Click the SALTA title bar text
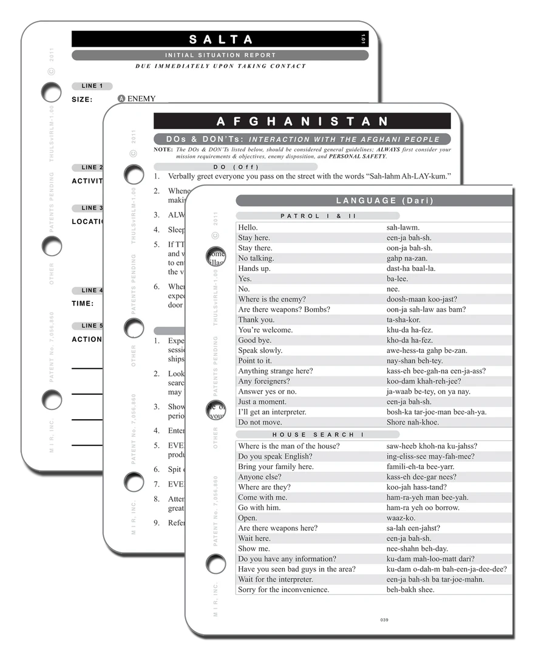[220, 39]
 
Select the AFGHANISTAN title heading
[302, 121]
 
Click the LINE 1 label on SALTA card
[92, 86]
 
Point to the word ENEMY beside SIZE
[141, 99]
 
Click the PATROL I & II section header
[317, 216]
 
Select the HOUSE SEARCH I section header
[317, 434]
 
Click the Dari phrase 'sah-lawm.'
[403, 228]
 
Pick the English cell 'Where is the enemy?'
[272, 299]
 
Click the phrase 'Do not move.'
[259, 422]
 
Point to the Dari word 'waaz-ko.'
[401, 518]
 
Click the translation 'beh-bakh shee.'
[410, 590]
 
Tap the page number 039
[384, 620]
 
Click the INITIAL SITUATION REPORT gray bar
[220, 55]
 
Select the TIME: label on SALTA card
[83, 303]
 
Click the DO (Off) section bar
[236, 166]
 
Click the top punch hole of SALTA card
[51, 92]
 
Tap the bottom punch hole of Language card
[216, 564]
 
